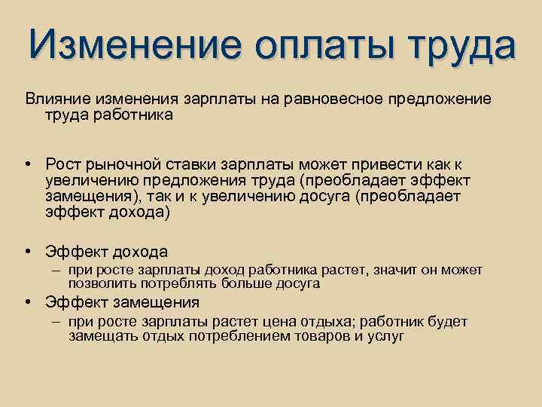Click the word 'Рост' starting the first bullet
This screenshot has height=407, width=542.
point(62,165)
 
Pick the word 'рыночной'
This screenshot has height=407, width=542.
point(117,165)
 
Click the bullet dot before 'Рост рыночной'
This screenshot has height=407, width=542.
point(27,165)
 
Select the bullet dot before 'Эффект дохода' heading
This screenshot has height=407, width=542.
point(27,252)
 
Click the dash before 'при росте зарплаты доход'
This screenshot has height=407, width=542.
point(57,271)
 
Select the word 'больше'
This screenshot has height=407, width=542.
point(244,284)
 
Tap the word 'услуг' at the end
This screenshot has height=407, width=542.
point(388,336)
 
